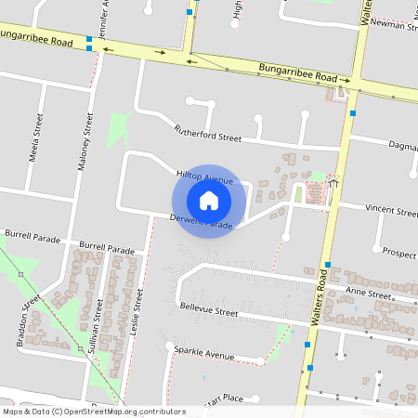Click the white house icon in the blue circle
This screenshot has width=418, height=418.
coord(209,201)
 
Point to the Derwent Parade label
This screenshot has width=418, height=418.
coord(201,222)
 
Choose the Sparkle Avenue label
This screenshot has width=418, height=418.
coord(204,354)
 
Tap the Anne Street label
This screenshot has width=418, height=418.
coord(369,294)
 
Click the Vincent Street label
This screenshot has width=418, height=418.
coord(391,210)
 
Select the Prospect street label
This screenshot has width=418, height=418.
coord(399,253)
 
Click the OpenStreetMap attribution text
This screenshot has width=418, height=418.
coord(94,411)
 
